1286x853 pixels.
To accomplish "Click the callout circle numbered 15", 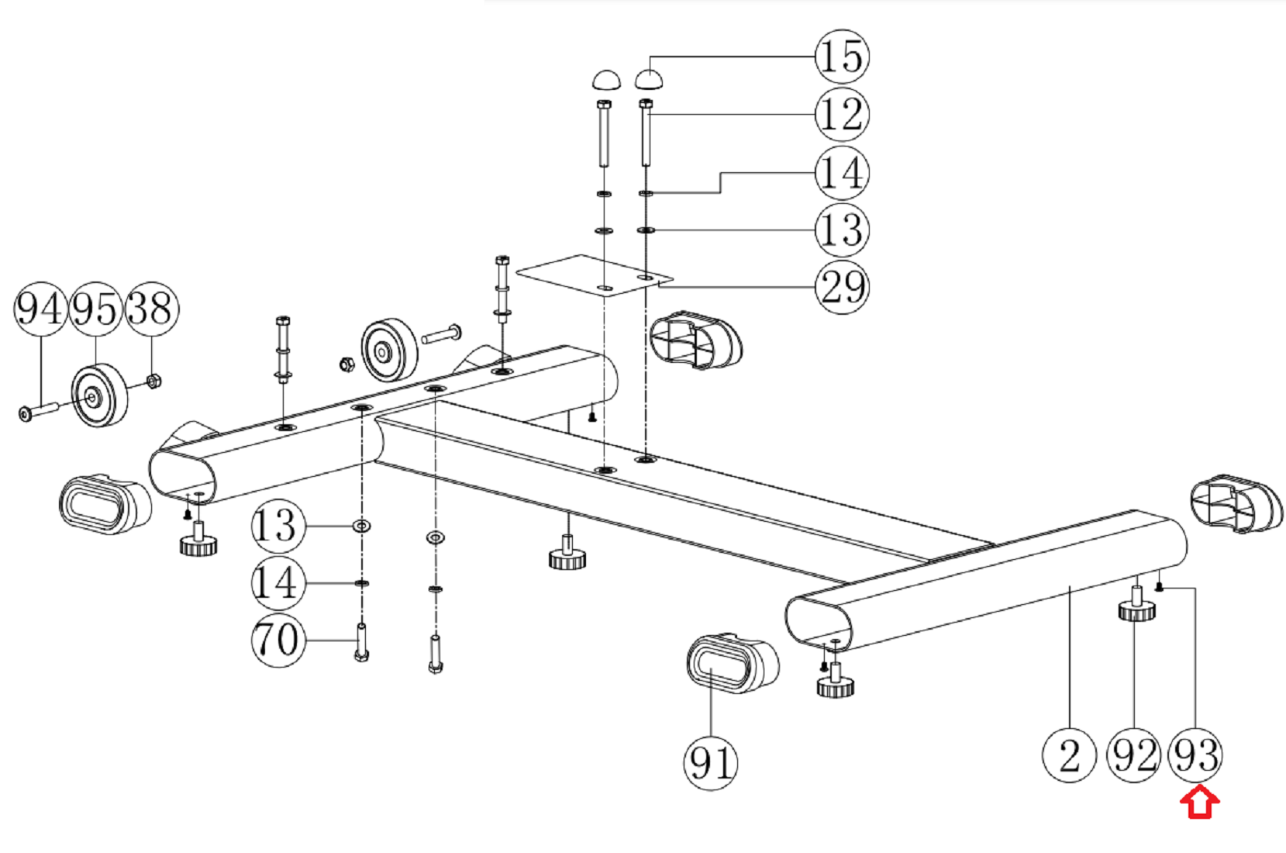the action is tap(842, 57).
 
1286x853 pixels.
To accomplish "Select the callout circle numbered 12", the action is tap(842, 114).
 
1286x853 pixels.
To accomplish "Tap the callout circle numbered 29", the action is tap(842, 287).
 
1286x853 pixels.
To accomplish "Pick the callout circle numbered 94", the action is tap(40, 309).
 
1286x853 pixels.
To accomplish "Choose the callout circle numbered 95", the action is tap(95, 309).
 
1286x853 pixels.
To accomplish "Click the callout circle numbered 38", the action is tap(152, 309).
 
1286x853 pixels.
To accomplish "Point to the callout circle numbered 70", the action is tap(278, 640).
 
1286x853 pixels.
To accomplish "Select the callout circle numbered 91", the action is tap(711, 763).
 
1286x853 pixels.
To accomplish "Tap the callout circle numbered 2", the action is tap(1070, 755).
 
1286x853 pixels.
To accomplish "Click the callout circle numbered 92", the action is tap(1134, 755).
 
